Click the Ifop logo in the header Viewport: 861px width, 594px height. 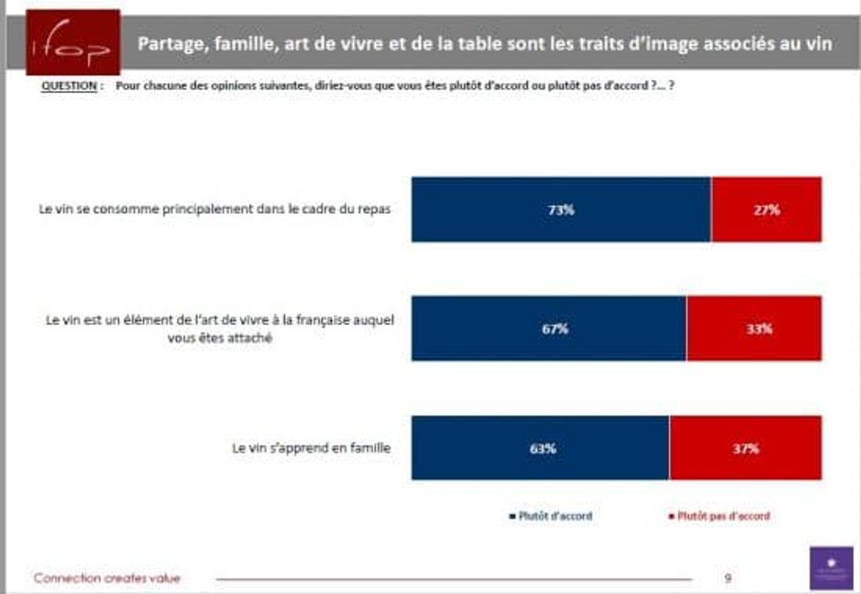click(73, 42)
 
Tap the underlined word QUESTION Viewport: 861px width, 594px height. click(70, 86)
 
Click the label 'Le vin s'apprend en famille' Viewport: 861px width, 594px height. click(311, 448)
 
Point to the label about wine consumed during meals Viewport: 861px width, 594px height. click(215, 209)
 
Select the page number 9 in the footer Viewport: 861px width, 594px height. click(728, 578)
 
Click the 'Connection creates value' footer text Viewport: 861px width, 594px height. click(107, 578)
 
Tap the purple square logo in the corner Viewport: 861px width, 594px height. click(832, 568)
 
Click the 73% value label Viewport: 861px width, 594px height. click(561, 210)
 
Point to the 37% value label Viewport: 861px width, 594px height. click(745, 449)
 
